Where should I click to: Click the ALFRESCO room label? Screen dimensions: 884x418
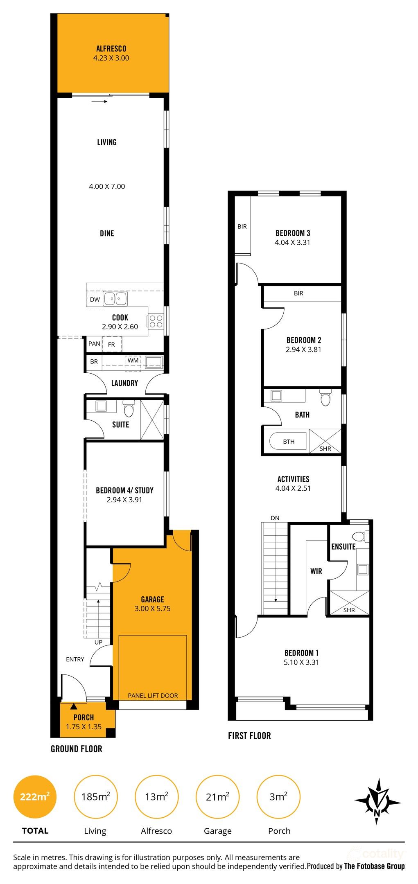[x=111, y=49]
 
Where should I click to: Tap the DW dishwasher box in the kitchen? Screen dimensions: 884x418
[x=95, y=299]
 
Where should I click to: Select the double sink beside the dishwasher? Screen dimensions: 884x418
[x=115, y=299]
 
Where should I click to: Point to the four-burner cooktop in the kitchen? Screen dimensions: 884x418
[x=156, y=321]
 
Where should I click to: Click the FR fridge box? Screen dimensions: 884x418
[x=111, y=345]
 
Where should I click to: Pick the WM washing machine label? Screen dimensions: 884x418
[x=133, y=361]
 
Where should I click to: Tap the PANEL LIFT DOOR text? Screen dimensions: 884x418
[x=153, y=695]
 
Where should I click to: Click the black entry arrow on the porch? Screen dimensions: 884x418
[x=73, y=706]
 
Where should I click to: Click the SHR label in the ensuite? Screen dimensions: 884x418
[x=349, y=610]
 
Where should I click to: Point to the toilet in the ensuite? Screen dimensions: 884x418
[x=360, y=536]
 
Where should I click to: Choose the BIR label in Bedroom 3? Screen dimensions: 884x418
[x=242, y=226]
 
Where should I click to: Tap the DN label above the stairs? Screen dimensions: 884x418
[x=275, y=518]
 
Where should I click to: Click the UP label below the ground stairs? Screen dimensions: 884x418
[x=98, y=642]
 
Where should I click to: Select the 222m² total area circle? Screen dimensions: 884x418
[x=35, y=797]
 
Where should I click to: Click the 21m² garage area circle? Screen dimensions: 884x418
[x=217, y=797]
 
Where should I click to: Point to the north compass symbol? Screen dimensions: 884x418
[x=377, y=801]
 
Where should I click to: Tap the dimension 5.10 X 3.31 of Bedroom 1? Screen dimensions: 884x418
[x=301, y=662]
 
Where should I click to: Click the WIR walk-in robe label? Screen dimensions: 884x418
[x=316, y=571]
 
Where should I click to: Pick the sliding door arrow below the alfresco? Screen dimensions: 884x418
[x=99, y=101]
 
